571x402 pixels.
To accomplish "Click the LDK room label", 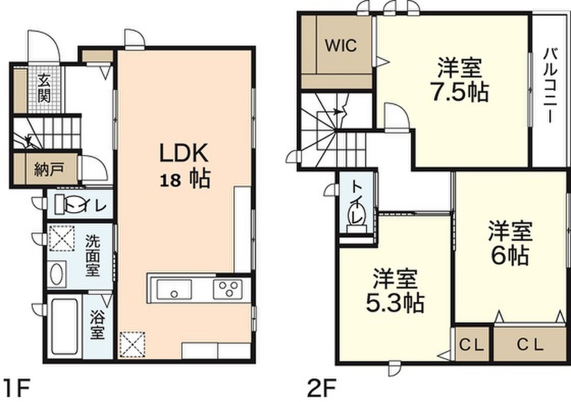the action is [184, 153].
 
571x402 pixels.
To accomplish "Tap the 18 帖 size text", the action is [185, 179].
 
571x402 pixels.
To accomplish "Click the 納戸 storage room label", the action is [49, 170].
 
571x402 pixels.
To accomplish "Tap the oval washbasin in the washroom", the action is [56, 274].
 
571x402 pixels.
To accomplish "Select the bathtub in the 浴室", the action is [65, 327].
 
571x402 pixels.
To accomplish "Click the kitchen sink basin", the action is [174, 290].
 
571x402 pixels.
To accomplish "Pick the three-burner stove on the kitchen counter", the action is [228, 289].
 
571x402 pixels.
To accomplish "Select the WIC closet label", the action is [341, 46].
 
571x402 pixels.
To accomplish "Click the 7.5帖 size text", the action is [459, 93].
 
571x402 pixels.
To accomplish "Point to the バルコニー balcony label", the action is [550, 86].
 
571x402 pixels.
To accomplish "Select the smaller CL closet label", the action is [471, 344].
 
